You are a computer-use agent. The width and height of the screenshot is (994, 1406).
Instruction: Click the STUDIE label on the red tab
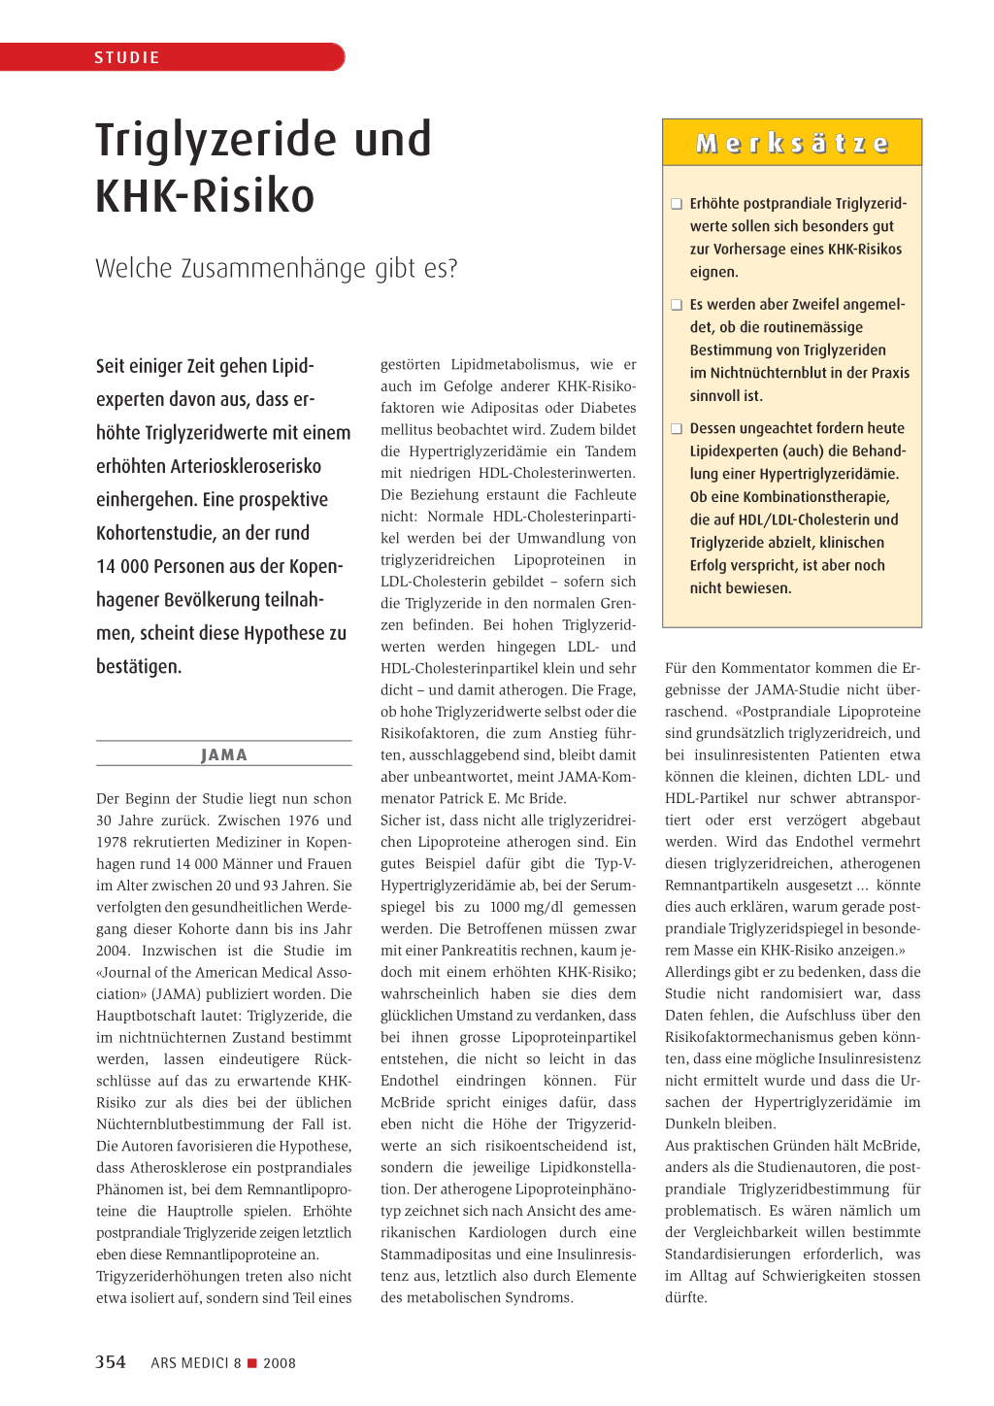tap(127, 57)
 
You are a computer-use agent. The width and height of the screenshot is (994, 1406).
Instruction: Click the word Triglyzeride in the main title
tap(223, 139)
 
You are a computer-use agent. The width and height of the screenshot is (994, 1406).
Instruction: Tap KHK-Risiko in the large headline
tap(205, 195)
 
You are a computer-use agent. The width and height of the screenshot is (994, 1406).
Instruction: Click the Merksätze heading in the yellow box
tap(792, 144)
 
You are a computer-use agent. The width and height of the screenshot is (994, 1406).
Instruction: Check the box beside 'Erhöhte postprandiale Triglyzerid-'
tap(677, 204)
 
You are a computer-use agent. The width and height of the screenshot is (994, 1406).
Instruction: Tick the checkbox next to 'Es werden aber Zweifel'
tap(677, 305)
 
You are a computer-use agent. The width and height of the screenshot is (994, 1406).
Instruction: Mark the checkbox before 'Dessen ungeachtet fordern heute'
tap(677, 428)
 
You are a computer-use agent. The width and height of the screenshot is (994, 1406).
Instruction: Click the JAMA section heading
tap(224, 754)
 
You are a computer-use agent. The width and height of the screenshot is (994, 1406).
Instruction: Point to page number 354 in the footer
tap(111, 1362)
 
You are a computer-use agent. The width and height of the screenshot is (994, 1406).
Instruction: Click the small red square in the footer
tap(252, 1363)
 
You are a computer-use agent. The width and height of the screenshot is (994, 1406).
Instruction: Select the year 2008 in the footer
tap(280, 1363)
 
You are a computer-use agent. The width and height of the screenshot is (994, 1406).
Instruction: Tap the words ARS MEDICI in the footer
tap(189, 1363)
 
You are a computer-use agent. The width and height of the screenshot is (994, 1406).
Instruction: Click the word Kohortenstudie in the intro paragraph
tap(153, 533)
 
